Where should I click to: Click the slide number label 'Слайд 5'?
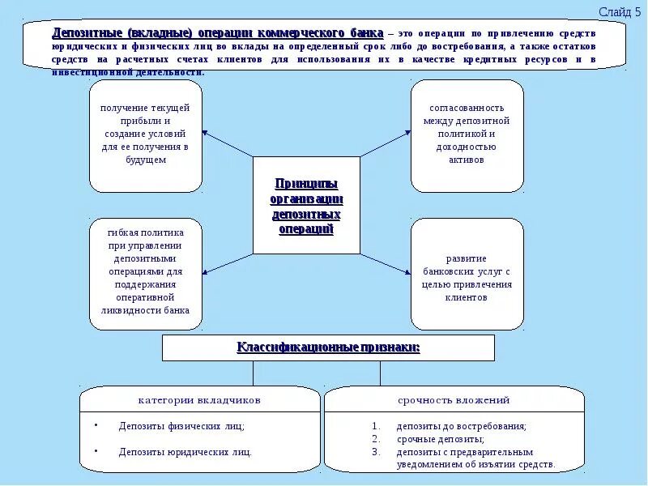pyautogui.click(x=619, y=11)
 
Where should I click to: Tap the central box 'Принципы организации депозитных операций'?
pyautogui.click(x=306, y=206)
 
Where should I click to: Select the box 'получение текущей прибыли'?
pyautogui.click(x=146, y=134)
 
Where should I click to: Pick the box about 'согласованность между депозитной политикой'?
pyautogui.click(x=467, y=134)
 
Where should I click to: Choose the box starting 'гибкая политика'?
pyautogui.click(x=146, y=272)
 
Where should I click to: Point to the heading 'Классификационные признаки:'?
pyautogui.click(x=328, y=348)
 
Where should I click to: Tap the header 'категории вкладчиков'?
pyautogui.click(x=199, y=400)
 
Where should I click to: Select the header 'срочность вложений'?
pyautogui.click(x=454, y=400)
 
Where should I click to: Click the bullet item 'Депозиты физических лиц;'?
pyautogui.click(x=181, y=426)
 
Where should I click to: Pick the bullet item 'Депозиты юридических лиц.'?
pyautogui.click(x=185, y=452)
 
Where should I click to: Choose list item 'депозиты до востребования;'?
pyautogui.click(x=461, y=426)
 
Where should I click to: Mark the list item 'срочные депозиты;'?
pyautogui.click(x=440, y=439)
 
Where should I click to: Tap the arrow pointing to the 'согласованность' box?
pyautogui.click(x=385, y=143)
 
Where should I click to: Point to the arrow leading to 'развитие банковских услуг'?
pyautogui.click(x=386, y=266)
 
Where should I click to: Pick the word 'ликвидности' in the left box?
pyautogui.click(x=131, y=310)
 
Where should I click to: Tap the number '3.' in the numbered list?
pyautogui.click(x=376, y=452)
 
